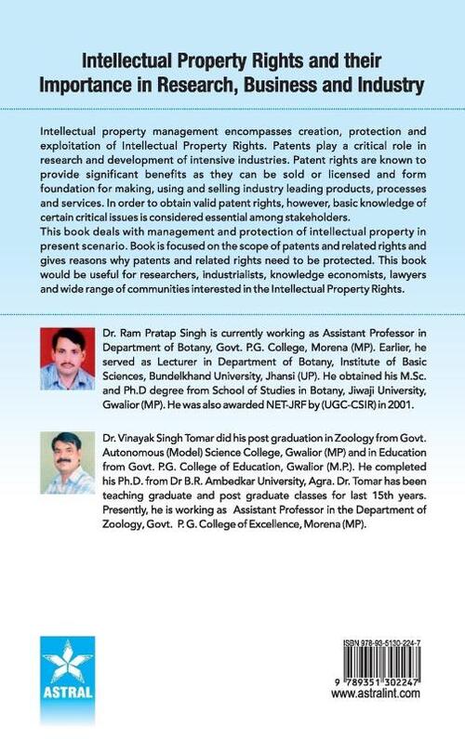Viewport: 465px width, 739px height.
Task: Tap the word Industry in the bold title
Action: (384, 86)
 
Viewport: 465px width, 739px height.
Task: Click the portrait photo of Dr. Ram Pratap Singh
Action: (67, 358)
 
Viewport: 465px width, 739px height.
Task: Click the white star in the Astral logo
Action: (68, 666)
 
